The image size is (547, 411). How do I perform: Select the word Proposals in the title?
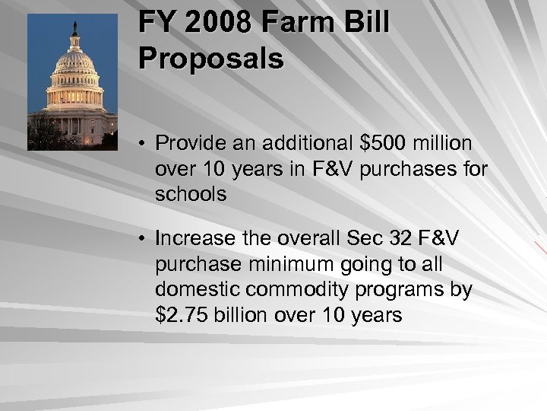click(x=211, y=58)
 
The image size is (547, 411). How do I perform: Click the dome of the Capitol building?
click(x=74, y=64)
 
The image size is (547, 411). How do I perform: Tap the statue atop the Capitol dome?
click(x=74, y=28)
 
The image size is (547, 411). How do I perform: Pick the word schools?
click(x=191, y=194)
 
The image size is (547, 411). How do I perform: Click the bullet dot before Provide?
click(x=143, y=144)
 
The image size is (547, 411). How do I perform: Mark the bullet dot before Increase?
click(x=143, y=239)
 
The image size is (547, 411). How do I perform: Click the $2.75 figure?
click(x=182, y=314)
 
